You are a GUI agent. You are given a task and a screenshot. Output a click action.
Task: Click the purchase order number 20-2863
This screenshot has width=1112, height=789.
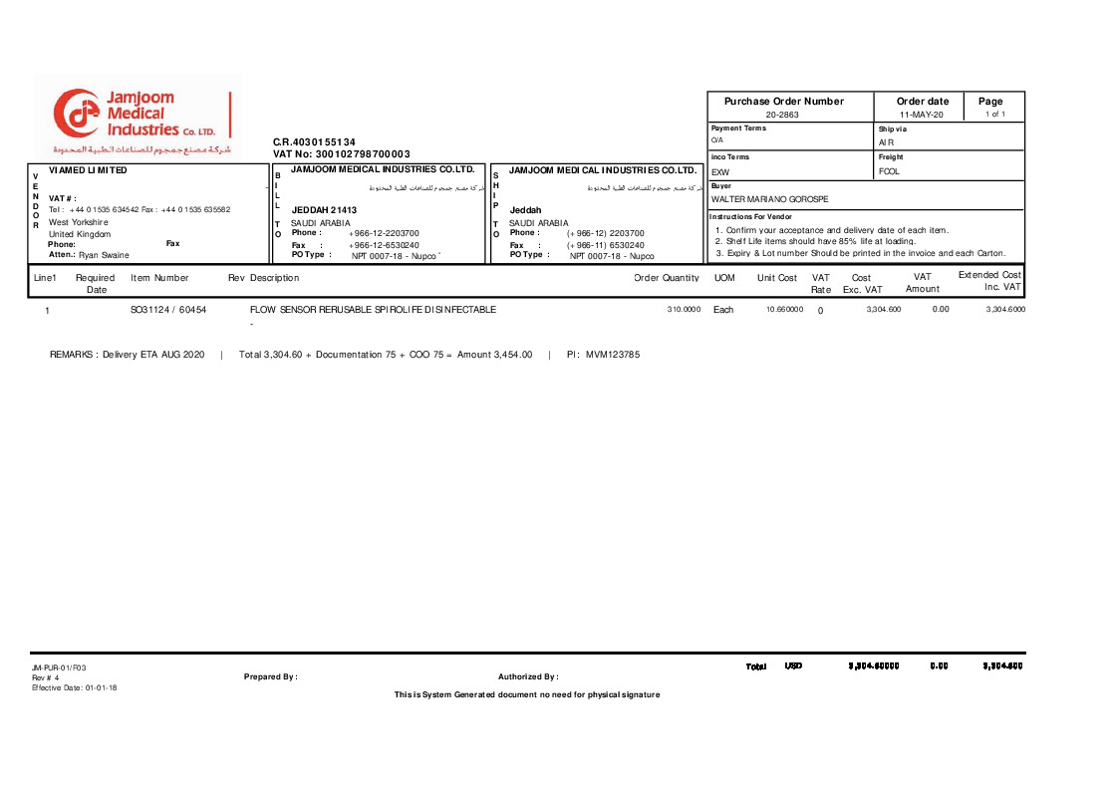[782, 115]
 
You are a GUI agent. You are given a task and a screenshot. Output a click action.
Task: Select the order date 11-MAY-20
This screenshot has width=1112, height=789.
[922, 115]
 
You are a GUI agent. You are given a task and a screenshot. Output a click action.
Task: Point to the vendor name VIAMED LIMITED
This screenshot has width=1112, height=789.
[88, 170]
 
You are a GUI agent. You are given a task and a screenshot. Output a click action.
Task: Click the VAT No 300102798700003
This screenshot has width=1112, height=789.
[342, 153]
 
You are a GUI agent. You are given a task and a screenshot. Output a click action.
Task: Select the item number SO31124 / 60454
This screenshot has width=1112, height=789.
[168, 310]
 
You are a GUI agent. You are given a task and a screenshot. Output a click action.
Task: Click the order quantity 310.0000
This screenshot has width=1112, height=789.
[684, 310]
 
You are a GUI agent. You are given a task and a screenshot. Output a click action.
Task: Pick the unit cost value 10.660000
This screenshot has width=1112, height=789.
[784, 310]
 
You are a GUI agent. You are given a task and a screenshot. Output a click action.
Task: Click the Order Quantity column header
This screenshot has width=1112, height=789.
[667, 278]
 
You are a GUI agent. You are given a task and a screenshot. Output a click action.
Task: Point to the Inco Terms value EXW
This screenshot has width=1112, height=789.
[720, 172]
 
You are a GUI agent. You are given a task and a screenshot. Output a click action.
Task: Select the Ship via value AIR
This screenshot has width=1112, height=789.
[886, 142]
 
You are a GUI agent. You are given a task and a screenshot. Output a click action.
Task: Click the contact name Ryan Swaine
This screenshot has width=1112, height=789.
[104, 255]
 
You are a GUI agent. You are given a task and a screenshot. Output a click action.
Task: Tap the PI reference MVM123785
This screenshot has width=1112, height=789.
[612, 355]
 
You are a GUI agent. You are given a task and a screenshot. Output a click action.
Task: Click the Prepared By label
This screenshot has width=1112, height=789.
[271, 677]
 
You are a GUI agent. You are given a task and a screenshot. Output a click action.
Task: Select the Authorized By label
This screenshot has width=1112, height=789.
[528, 677]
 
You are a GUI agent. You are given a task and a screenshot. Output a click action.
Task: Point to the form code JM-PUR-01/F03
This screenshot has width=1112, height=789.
[52, 667]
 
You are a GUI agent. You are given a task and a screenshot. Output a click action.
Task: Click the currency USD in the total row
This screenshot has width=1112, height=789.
[793, 665]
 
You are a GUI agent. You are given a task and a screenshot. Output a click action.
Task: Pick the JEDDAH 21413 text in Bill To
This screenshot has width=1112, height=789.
[323, 210]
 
